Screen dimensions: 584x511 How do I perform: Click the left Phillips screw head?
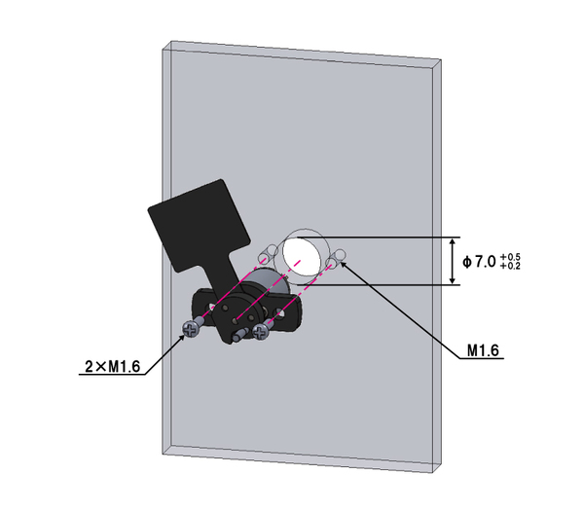click(191, 329)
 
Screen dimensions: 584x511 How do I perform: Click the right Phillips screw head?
click(260, 331)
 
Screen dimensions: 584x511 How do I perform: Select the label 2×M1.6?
click(113, 367)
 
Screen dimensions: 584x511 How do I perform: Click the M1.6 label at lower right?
click(483, 350)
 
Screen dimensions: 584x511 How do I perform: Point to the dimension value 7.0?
click(486, 262)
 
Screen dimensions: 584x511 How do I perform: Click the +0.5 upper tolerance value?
click(510, 257)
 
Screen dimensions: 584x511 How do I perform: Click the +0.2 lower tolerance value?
click(510, 266)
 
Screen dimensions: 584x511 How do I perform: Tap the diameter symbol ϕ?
click(467, 262)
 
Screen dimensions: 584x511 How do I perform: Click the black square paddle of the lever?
click(199, 225)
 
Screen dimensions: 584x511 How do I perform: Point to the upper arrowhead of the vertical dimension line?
click(453, 242)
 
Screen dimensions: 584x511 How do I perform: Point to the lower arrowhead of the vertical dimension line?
click(453, 279)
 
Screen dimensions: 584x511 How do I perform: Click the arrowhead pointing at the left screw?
click(181, 338)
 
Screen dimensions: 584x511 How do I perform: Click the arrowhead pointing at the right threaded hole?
click(343, 265)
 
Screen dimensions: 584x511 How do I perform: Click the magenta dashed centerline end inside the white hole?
click(299, 262)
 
